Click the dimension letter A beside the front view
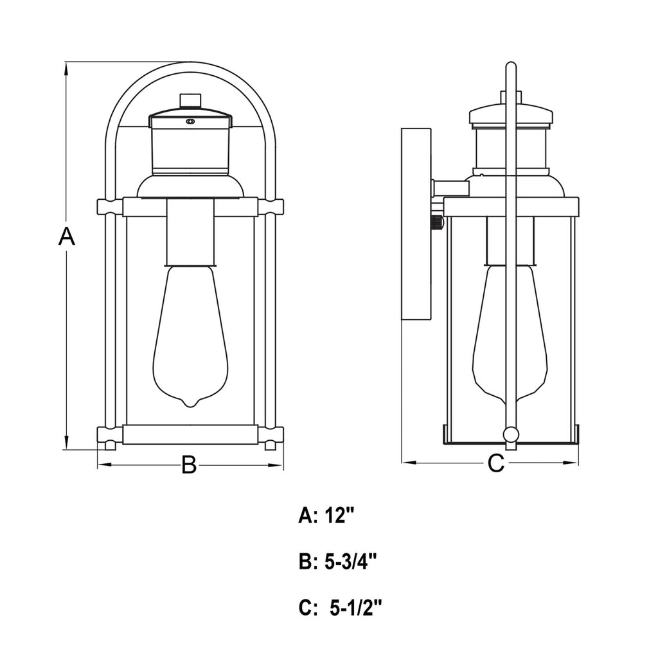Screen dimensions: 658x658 click(x=67, y=236)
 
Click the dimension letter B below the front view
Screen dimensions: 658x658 click(x=188, y=464)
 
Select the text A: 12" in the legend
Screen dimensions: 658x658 click(x=326, y=515)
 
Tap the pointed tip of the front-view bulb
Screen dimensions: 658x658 click(x=190, y=404)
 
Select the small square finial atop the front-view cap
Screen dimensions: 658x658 click(x=190, y=101)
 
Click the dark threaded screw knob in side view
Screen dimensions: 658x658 click(x=437, y=224)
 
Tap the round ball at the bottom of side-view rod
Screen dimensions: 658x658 click(x=511, y=434)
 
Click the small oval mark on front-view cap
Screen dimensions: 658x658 click(x=190, y=121)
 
